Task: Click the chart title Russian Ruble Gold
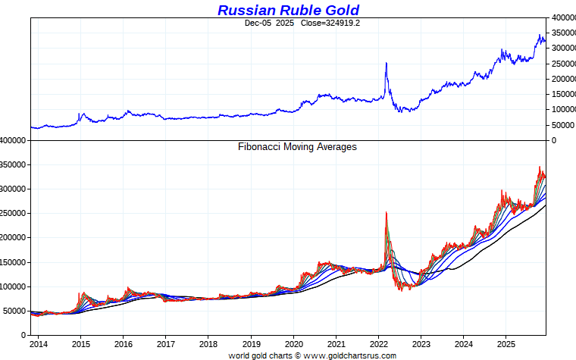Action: pos(288,10)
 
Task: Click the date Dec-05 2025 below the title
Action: pos(269,23)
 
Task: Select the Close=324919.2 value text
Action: pos(330,23)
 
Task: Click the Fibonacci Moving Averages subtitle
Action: pos(297,146)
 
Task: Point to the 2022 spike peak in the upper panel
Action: pos(387,63)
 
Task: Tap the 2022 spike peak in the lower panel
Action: pos(387,213)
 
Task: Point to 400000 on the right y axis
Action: pos(562,17)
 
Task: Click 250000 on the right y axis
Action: pos(562,64)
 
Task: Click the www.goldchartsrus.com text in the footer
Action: pos(350,355)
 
